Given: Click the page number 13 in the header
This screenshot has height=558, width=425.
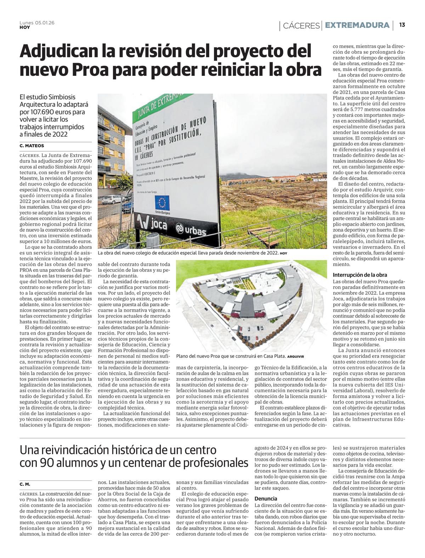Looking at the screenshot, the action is pyautogui.click(x=402, y=25).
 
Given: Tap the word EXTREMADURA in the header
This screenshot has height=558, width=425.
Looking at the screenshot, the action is pyautogui.click(x=357, y=25).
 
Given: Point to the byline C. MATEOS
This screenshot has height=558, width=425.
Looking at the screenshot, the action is pyautogui.click(x=32, y=146).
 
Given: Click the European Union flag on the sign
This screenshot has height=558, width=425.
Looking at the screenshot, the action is pyautogui.click(x=162, y=202).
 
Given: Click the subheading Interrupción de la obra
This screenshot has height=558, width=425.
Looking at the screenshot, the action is pyautogui.click(x=360, y=275).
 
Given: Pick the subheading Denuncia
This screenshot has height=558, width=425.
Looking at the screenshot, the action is pyautogui.click(x=266, y=498).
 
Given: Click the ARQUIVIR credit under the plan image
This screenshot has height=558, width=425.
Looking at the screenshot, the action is pyautogui.click(x=296, y=356).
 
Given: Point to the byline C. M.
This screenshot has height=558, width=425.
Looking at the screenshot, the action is pyautogui.click(x=25, y=484).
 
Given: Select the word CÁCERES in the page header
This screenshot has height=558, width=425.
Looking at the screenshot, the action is pyautogui.click(x=301, y=26).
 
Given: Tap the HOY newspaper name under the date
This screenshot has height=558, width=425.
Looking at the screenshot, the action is pyautogui.click(x=25, y=27).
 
